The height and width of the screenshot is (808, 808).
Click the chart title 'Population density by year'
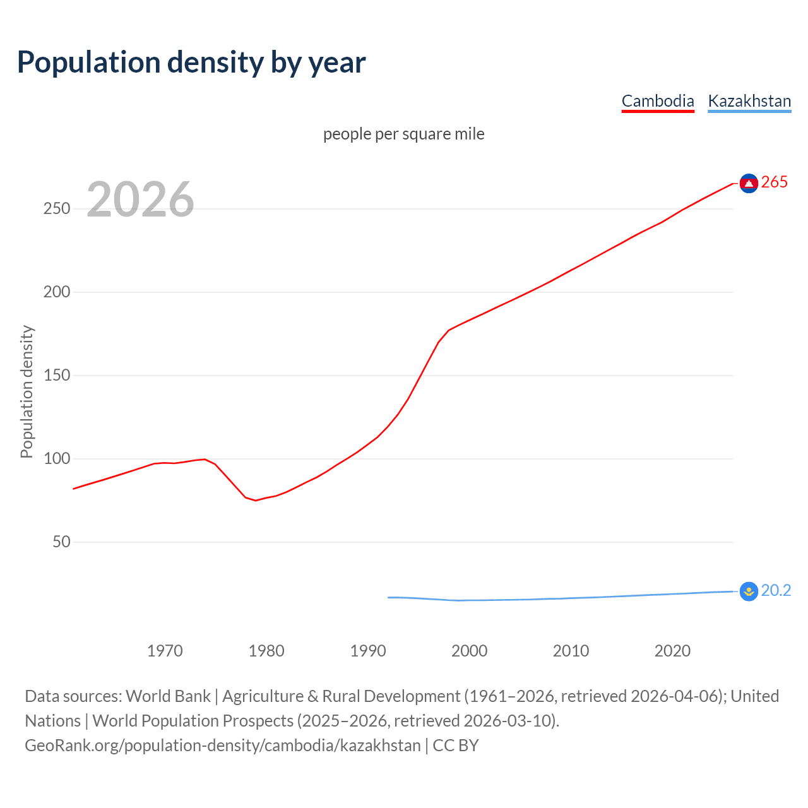[191, 62]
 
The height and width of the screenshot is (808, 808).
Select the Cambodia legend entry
[658, 101]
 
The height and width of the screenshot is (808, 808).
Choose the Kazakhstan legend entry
[749, 101]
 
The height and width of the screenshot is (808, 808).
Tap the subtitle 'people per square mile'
[404, 134]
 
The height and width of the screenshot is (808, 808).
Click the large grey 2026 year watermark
[140, 199]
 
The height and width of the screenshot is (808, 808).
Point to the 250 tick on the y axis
[57, 209]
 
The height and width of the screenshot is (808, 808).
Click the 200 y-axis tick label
[57, 292]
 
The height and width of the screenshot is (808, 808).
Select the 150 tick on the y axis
[57, 376]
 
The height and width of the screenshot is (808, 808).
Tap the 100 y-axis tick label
[57, 459]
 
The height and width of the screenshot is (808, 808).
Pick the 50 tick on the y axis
[61, 542]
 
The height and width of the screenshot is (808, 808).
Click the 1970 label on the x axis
[165, 651]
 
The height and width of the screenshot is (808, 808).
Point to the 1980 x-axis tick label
[266, 651]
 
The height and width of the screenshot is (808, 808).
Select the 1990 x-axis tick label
[368, 651]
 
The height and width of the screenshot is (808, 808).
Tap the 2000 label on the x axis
[470, 651]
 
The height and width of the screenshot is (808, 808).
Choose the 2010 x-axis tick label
[571, 651]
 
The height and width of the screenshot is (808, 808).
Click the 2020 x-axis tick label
[673, 651]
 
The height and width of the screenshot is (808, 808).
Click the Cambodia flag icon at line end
[749, 183]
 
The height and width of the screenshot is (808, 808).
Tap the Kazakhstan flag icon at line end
[749, 591]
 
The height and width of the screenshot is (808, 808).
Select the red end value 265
[775, 182]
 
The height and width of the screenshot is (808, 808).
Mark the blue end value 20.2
[776, 591]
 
